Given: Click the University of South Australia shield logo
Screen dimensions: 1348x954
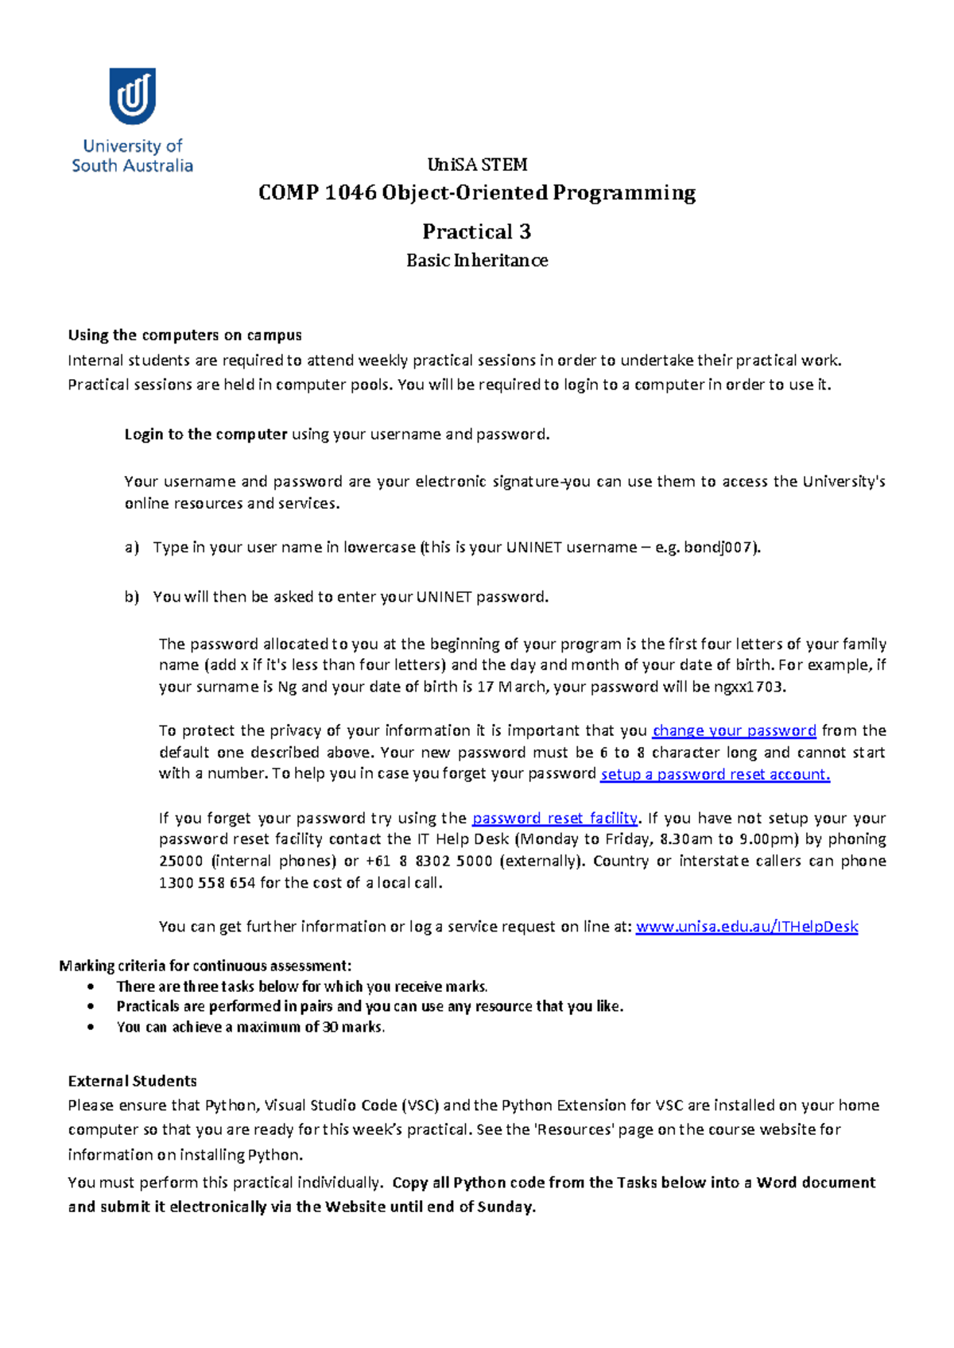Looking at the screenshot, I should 132,95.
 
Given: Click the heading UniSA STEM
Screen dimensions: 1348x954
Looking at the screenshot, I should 477,165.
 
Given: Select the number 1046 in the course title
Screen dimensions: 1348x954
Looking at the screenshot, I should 350,193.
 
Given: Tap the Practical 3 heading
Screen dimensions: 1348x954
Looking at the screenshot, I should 476,231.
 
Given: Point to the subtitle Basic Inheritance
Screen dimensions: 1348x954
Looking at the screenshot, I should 476,261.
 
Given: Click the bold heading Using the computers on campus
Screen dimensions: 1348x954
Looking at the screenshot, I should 184,335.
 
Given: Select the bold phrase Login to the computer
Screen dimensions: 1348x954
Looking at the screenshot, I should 205,434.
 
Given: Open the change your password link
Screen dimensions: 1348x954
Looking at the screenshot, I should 734,730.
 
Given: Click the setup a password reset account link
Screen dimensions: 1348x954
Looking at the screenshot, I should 715,774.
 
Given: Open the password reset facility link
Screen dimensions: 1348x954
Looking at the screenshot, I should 554,818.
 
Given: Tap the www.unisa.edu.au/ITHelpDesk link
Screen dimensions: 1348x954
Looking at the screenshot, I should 747,926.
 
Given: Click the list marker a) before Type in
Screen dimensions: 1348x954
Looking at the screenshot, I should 131,547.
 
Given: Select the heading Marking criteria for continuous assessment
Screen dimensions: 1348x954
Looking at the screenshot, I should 205,966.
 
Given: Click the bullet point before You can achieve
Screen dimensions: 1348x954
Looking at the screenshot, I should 92,1027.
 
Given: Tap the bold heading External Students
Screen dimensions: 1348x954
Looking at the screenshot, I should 132,1081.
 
